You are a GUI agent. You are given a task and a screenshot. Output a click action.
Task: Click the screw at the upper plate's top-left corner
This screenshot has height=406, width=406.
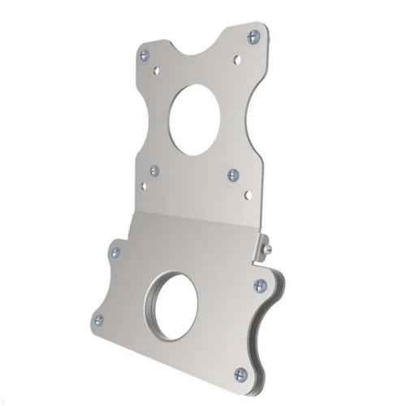(145, 55)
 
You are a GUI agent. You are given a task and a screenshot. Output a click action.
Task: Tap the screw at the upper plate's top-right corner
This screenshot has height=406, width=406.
(253, 37)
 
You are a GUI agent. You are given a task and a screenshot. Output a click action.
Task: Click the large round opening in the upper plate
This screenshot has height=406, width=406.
(194, 119)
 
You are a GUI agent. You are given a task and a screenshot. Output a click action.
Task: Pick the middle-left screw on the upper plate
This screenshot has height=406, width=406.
(154, 171)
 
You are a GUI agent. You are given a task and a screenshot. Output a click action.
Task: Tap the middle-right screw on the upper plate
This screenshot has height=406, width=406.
(233, 175)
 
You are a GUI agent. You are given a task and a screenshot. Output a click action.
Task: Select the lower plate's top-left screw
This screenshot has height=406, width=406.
(114, 253)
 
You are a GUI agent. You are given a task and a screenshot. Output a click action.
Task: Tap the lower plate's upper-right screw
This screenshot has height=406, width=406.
(260, 285)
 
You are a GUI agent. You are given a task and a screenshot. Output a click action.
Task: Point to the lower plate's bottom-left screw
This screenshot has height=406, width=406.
(99, 320)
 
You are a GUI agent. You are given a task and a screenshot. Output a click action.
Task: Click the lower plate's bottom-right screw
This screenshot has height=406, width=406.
(240, 374)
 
